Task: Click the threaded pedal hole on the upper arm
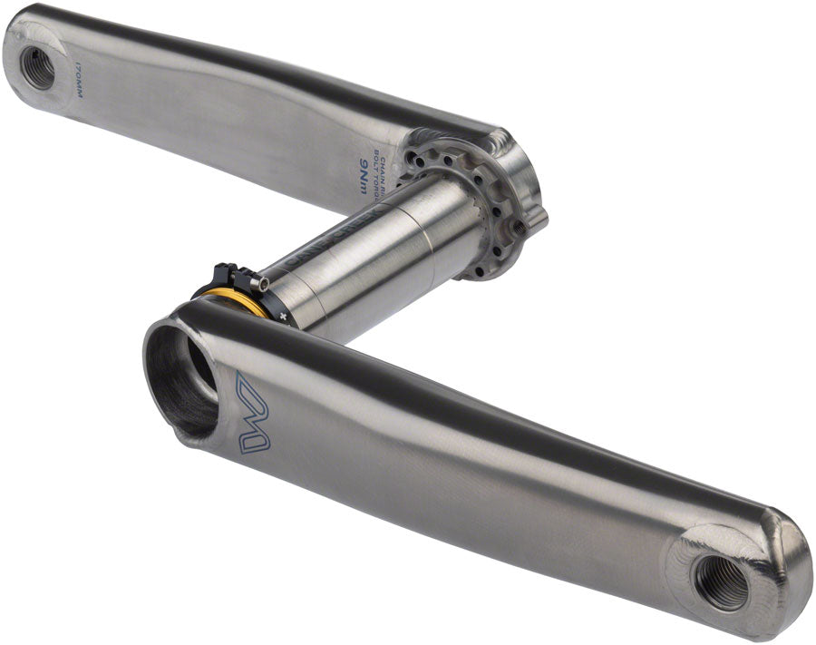click(38, 66)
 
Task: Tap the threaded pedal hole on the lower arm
click(721, 582)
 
